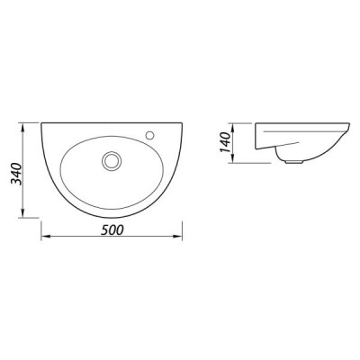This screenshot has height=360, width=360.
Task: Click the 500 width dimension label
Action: click(x=112, y=230)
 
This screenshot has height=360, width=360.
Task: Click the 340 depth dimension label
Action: click(x=16, y=174)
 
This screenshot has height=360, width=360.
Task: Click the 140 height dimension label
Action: click(x=226, y=142)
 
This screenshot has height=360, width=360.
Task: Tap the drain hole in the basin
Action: click(x=112, y=160)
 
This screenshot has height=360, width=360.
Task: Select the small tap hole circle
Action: click(x=149, y=135)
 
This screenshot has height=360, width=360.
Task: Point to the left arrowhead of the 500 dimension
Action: click(x=45, y=237)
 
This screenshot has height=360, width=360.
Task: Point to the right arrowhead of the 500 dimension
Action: click(x=178, y=237)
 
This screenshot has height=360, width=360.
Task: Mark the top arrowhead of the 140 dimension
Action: click(x=233, y=127)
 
